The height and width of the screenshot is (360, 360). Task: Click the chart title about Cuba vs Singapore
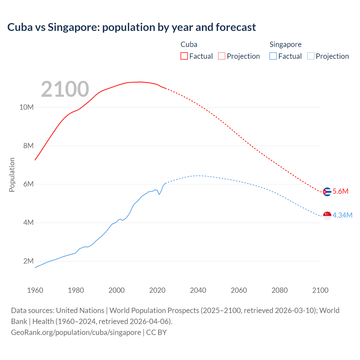[131, 27]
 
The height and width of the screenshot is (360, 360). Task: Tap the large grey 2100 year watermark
[65, 89]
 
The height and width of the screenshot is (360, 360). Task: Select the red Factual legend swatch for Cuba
[184, 56]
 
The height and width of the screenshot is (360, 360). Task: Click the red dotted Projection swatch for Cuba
[222, 56]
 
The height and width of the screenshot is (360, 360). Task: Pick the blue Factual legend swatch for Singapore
[273, 56]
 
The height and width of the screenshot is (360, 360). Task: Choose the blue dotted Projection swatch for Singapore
[311, 56]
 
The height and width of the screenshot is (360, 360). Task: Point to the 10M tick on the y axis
[26, 107]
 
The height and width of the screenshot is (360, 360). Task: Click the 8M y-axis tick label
[28, 146]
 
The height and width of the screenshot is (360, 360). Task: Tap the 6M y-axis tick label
[28, 184]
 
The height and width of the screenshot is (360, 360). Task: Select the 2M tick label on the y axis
[28, 261]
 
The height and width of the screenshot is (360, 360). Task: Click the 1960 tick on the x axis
[35, 290]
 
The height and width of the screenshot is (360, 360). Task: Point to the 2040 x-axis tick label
[198, 290]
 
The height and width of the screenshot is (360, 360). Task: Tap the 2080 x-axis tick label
[280, 290]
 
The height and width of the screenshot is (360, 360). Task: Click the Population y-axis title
[12, 175]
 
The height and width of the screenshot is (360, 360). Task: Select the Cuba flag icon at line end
[327, 192]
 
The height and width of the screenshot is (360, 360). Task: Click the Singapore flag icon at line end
[327, 216]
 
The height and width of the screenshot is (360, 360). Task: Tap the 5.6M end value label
[340, 192]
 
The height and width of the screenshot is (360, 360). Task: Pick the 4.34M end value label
[342, 215]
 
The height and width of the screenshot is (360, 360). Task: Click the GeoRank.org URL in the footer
[76, 332]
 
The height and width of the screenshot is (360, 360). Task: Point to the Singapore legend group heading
[285, 44]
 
